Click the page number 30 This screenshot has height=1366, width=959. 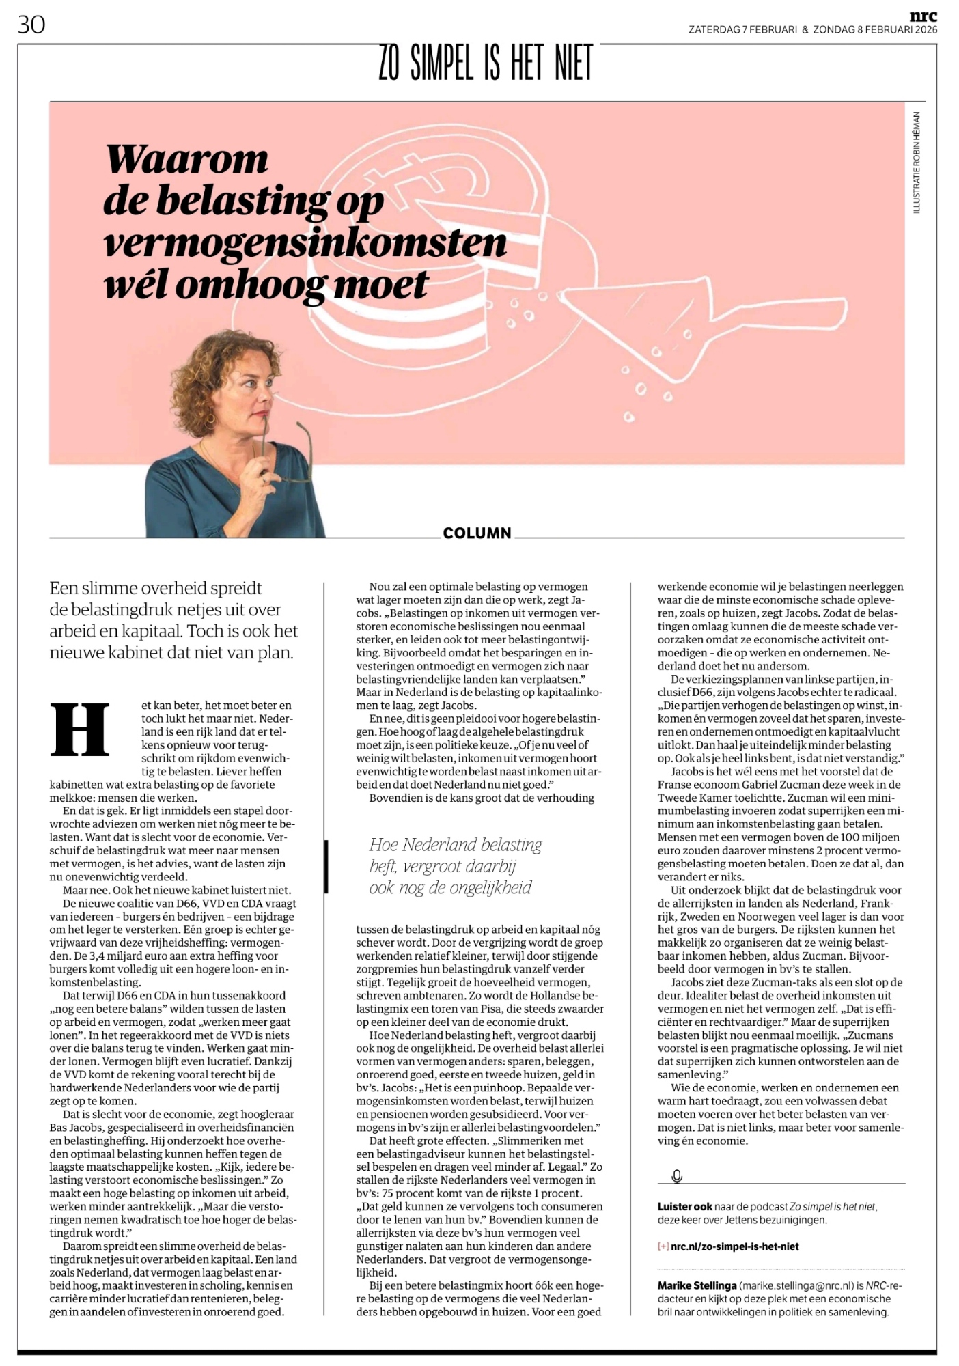pos(31,25)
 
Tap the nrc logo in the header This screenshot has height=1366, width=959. pos(923,16)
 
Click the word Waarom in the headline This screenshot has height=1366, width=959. pos(186,160)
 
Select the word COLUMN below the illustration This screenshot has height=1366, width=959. pos(477,533)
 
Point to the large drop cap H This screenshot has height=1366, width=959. pos(81,729)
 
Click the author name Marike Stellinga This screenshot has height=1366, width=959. pos(697,1285)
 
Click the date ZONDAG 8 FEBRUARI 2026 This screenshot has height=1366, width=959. pos(875,30)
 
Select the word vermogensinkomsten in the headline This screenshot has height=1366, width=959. pos(305,243)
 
